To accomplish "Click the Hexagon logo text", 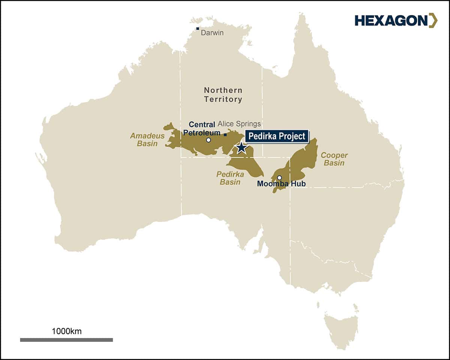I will tap(390, 21).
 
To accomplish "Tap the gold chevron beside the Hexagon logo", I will tap(433, 21).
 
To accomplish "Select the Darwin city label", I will tap(212, 33).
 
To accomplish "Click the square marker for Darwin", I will tap(198, 28).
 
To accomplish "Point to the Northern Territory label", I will tap(223, 95).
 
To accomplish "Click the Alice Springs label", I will tap(239, 124).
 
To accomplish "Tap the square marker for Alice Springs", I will tap(225, 135).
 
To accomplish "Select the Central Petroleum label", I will tap(202, 128).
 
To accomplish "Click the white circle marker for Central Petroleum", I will tap(208, 140).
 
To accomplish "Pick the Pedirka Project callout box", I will tap(277, 136).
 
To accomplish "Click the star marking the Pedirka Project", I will tap(241, 148).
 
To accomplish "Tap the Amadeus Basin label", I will tap(147, 139).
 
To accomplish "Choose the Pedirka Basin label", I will tap(230, 178).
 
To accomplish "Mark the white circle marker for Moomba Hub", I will tap(279, 178).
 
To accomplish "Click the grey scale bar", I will tap(66, 340).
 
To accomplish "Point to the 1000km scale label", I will tap(67, 331).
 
